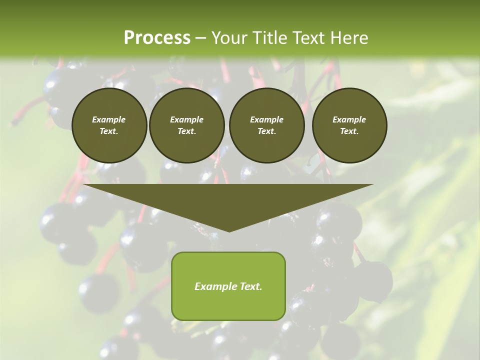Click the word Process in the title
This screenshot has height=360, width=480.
157,38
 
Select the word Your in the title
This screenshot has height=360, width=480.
229,38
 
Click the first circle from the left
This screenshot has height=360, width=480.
109,125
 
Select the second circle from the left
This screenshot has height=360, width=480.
186,125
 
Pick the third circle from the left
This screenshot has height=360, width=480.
266,125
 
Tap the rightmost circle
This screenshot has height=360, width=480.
349,125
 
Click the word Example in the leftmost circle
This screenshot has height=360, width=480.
109,119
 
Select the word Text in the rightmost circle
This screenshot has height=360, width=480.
349,131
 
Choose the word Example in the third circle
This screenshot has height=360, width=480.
266,119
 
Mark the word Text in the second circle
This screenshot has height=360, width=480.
186,131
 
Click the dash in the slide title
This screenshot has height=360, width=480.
200,38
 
